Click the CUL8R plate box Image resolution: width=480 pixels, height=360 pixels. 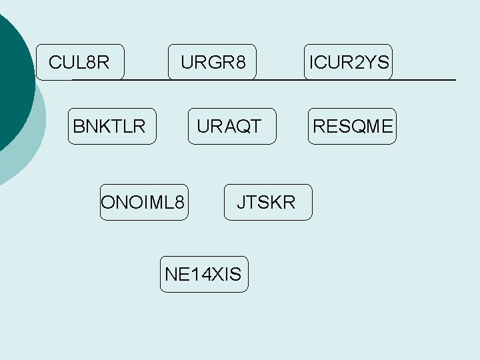pos(80,63)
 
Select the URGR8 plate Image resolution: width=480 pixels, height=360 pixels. pos(212,63)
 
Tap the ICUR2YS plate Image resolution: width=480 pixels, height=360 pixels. pos(347,63)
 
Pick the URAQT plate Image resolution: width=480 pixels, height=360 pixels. pos(231,126)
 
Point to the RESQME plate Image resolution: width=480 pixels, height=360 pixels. pos(352,126)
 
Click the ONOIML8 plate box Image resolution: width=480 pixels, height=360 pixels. pos(143,202)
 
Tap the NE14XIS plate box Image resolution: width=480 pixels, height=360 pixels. pos(203,274)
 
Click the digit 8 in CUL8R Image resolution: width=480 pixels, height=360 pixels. pos(92,63)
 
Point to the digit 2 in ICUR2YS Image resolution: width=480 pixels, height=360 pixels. pos(358,63)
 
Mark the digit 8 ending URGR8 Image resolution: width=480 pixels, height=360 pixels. pos(241,63)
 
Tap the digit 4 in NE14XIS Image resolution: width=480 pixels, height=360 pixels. pos(198,274)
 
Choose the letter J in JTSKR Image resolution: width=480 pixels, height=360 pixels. pos(242,202)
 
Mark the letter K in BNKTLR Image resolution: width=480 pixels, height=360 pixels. pos(105,126)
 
